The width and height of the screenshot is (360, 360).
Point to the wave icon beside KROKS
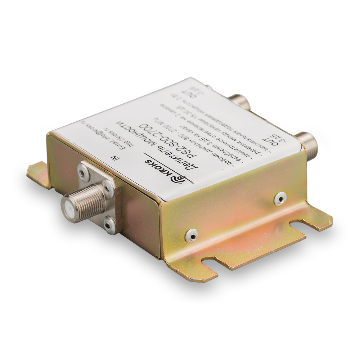pyautogui.click(x=180, y=179)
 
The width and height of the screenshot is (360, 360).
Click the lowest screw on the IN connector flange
pyautogui.click(x=109, y=225)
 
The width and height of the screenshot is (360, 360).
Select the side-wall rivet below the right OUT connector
pyautogui.click(x=280, y=198)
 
